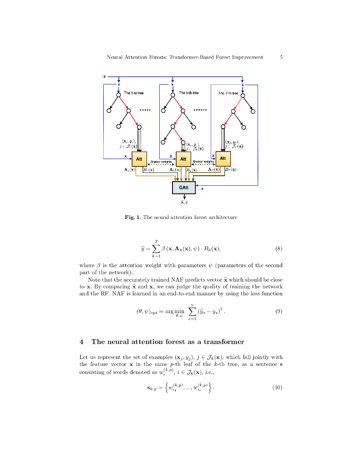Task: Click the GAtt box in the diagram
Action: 183,187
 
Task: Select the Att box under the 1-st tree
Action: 139,159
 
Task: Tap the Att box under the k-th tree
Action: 183,159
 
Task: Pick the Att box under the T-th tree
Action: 223,158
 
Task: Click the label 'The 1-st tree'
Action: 134,93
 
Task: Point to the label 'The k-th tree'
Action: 188,92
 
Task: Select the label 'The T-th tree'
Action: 228,93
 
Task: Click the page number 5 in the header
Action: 282,57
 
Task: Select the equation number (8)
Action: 279,248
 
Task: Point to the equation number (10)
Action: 278,388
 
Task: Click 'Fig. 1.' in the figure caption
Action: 132,217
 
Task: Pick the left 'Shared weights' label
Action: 161,162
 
